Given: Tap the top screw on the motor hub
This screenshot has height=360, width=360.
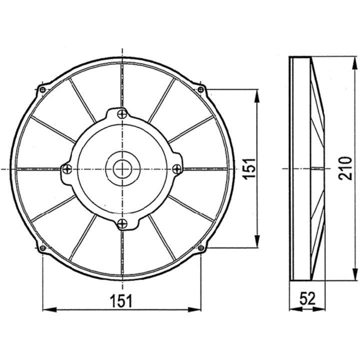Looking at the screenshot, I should click(122, 114).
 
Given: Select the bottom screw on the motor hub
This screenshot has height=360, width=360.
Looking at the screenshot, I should click(122, 223).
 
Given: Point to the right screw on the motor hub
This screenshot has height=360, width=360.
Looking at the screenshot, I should click(176, 169).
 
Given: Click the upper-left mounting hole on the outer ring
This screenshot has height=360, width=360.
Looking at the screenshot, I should click(42, 90).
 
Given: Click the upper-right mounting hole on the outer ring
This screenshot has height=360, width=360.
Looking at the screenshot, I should click(201, 90).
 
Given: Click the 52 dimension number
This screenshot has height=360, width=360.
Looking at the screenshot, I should click(307, 299).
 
